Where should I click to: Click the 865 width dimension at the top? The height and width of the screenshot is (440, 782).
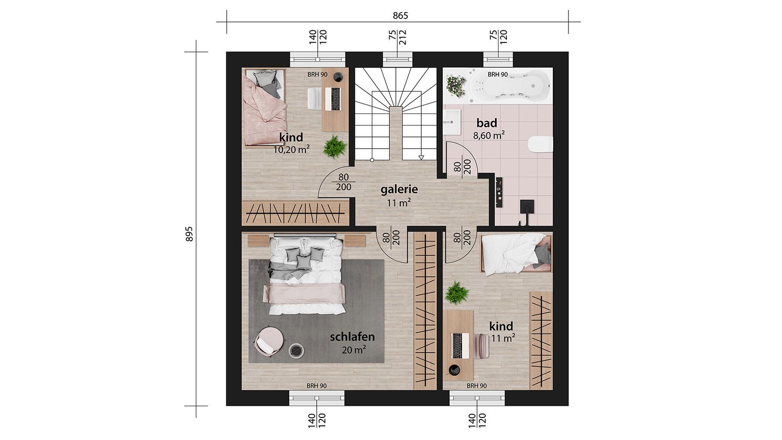tap(400, 16)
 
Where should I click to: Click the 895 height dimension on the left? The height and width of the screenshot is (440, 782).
tap(189, 234)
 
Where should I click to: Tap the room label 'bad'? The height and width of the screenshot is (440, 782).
tap(487, 123)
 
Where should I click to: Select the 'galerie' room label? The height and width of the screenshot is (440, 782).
tap(399, 189)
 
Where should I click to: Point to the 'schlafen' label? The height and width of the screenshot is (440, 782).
tap(352, 337)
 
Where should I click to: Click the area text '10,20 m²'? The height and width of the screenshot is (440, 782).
tap(291, 150)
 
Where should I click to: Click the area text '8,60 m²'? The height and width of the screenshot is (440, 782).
tap(489, 135)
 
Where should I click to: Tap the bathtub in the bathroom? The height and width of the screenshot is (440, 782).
tap(509, 86)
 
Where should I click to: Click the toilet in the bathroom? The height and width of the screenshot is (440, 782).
tap(540, 144)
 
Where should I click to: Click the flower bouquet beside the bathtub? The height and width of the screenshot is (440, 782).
tap(456, 86)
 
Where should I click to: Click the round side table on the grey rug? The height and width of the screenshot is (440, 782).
tap(296, 351)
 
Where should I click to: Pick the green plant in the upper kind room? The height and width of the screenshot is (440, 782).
tap(334, 147)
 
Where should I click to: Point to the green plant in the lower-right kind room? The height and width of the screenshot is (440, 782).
tap(456, 293)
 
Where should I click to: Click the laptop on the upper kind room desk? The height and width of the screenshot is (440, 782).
tap(333, 99)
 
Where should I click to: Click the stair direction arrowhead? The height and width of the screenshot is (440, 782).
tap(422, 157)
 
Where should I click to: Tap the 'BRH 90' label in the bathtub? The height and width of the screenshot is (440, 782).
tap(498, 74)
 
